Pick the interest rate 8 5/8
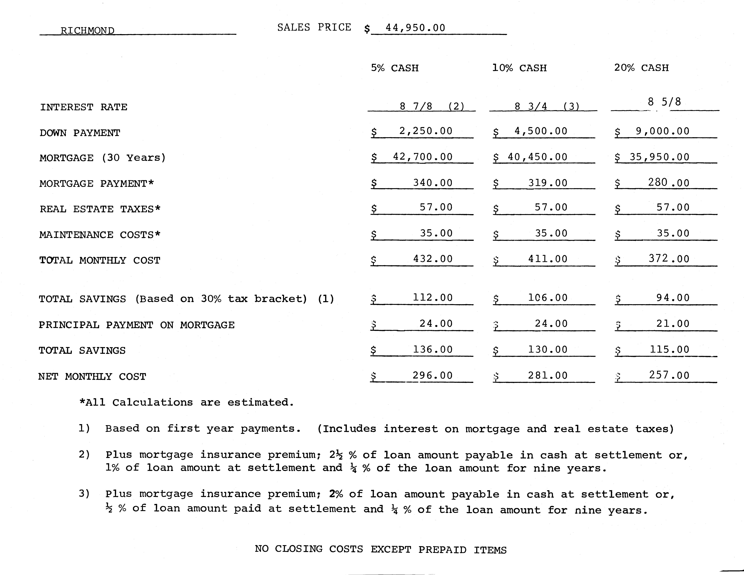tap(664, 102)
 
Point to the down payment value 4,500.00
tap(541, 131)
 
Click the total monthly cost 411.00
tap(548, 259)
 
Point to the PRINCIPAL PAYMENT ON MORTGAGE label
tap(136, 325)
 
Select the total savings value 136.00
tap(433, 350)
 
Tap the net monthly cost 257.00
tap(669, 375)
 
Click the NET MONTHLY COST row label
tap(92, 376)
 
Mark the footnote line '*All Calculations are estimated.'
tap(186, 402)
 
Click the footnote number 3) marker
tap(84, 494)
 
